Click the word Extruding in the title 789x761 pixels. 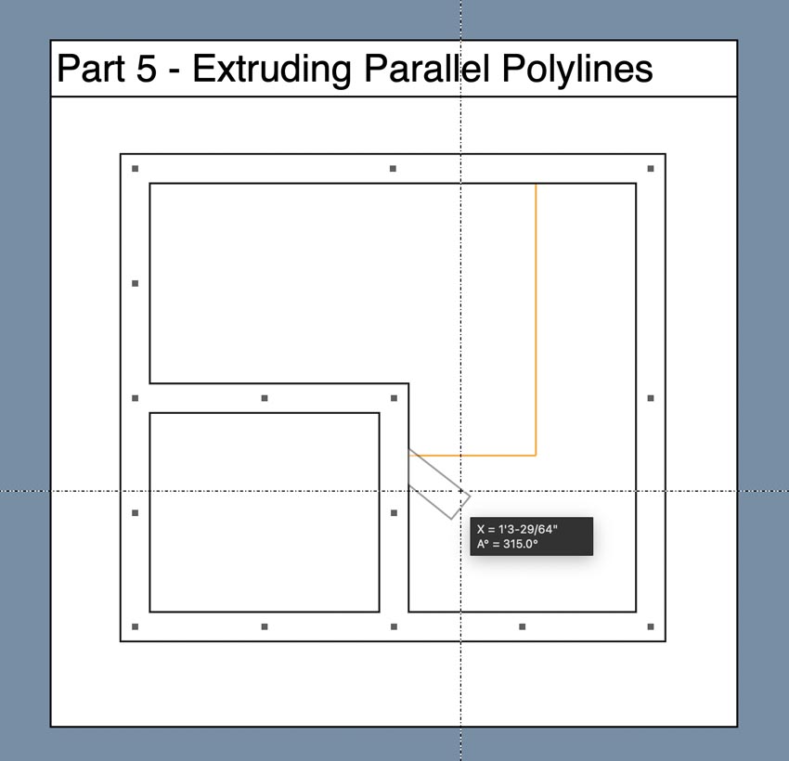(x=272, y=70)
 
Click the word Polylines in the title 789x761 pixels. (x=577, y=69)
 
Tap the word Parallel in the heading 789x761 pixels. (x=427, y=69)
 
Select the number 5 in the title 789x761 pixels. (x=147, y=69)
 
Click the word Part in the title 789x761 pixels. (x=91, y=69)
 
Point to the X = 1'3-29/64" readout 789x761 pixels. (x=517, y=529)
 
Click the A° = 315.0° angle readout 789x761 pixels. (x=507, y=544)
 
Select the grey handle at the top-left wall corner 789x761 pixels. (x=135, y=169)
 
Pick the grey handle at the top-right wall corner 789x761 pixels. (x=651, y=169)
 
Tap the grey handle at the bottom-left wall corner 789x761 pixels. (x=135, y=626)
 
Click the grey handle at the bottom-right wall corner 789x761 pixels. (x=651, y=626)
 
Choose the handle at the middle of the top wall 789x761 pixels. (x=393, y=169)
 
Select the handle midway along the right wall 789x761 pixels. (x=651, y=398)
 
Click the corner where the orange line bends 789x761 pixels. (x=536, y=455)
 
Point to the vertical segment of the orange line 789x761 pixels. (x=536, y=320)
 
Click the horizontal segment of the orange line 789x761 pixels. (x=472, y=455)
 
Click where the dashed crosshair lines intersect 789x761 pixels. (x=461, y=490)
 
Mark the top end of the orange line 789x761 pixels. (x=536, y=185)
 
